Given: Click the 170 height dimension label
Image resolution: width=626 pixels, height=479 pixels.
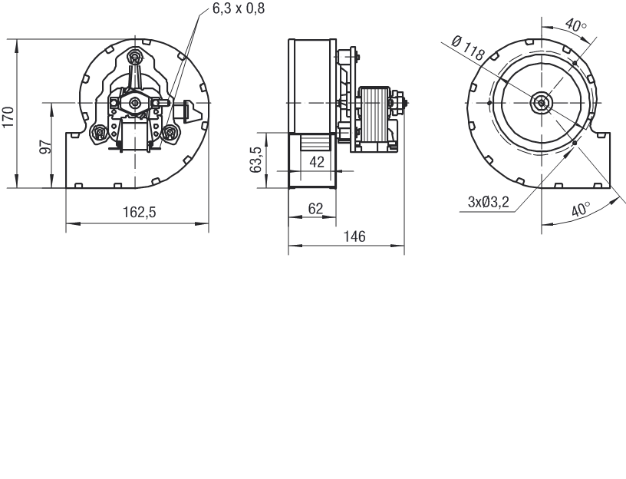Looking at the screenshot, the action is click(8, 117).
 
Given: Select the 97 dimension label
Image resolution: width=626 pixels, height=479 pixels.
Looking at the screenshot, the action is click(46, 147).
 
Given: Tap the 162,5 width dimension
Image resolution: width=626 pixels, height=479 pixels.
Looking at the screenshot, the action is click(139, 212).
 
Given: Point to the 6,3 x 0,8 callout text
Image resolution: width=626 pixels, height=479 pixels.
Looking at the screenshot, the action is click(239, 8).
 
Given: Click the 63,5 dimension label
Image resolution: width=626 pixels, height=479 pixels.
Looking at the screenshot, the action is click(256, 160).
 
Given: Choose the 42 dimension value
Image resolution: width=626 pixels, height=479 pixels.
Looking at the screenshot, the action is click(317, 162).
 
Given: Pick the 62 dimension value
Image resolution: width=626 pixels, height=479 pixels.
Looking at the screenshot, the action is click(315, 209).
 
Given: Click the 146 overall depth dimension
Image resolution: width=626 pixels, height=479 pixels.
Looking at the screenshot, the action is click(354, 236).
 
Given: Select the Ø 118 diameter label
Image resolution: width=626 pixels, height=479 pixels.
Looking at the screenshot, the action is click(468, 48).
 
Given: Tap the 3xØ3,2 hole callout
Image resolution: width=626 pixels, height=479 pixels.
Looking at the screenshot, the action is click(489, 202).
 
